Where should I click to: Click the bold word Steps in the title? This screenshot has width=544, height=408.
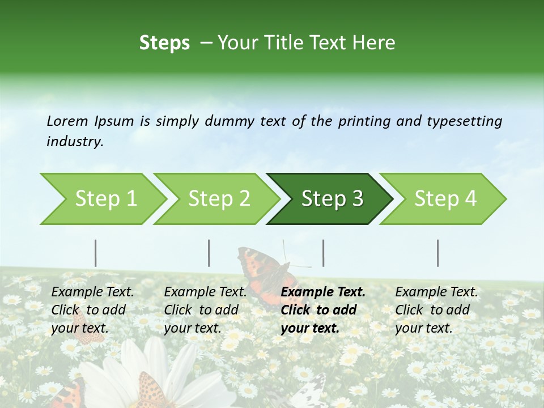click(x=164, y=43)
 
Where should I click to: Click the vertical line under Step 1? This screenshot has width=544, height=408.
click(x=96, y=253)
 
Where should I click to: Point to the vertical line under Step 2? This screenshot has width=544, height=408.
click(x=209, y=253)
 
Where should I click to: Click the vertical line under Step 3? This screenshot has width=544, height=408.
click(x=324, y=253)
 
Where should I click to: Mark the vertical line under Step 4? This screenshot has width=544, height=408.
click(x=438, y=253)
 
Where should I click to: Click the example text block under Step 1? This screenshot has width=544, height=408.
click(x=92, y=310)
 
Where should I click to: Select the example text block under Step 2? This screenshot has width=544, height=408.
click(x=205, y=310)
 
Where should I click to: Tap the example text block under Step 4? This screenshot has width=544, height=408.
click(x=436, y=310)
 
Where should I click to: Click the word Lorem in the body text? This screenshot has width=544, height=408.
click(x=67, y=121)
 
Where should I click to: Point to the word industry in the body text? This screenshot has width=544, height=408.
click(x=75, y=142)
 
